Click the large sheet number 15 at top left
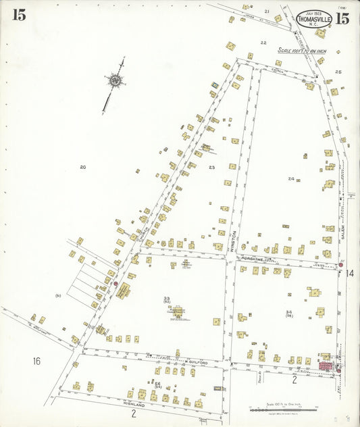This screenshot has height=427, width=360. coord(18,15)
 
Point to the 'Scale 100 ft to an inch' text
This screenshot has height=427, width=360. coord(302,51)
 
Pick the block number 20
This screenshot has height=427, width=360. coord(82,167)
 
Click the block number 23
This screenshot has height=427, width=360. coord(211,168)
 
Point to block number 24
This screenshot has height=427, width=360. coord(291,179)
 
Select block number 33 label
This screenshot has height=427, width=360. coord(166,299)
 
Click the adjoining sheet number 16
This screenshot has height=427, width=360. coord(36,361)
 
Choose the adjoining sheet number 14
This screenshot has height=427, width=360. coord(349,273)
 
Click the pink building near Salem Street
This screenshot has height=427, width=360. coord(326,366)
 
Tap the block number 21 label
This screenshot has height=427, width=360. coord(267,11)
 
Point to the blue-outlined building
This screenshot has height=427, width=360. coord(215,84)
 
